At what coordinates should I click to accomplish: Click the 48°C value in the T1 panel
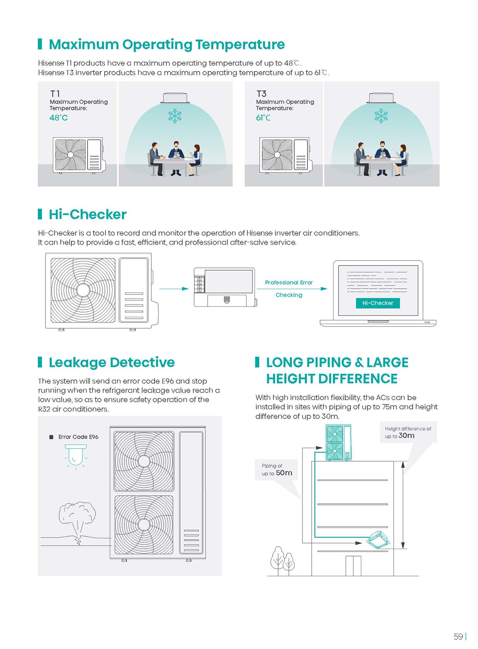tap(59, 118)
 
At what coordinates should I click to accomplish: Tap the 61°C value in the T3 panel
tap(263, 118)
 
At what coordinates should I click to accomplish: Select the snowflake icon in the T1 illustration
tap(175, 116)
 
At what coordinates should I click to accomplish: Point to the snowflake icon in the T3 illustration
tap(381, 116)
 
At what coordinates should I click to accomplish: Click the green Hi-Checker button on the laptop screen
tap(378, 303)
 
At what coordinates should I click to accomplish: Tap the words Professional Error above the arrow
tap(288, 282)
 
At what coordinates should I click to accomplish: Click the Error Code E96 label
tap(78, 437)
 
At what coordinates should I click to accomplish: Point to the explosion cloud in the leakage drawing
tap(77, 520)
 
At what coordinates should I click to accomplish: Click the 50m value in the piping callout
tap(284, 473)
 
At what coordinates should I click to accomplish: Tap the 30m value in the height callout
tap(406, 435)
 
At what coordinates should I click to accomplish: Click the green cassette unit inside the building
tap(378, 540)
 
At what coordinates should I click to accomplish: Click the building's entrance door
tap(353, 566)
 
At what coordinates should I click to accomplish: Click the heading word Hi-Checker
tap(88, 215)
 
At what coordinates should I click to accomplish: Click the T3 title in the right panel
tap(261, 94)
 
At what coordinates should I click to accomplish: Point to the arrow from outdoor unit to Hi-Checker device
tap(174, 289)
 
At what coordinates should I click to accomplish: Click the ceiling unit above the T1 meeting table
tap(175, 98)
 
